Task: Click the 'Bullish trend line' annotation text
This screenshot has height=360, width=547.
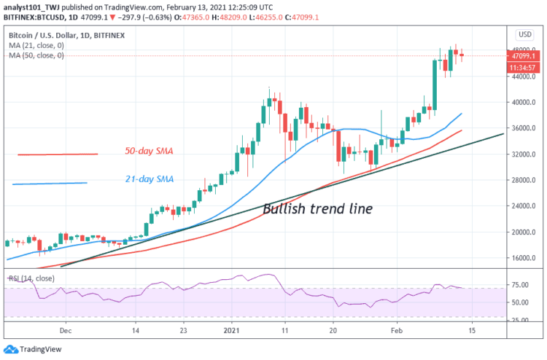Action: [317, 209]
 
